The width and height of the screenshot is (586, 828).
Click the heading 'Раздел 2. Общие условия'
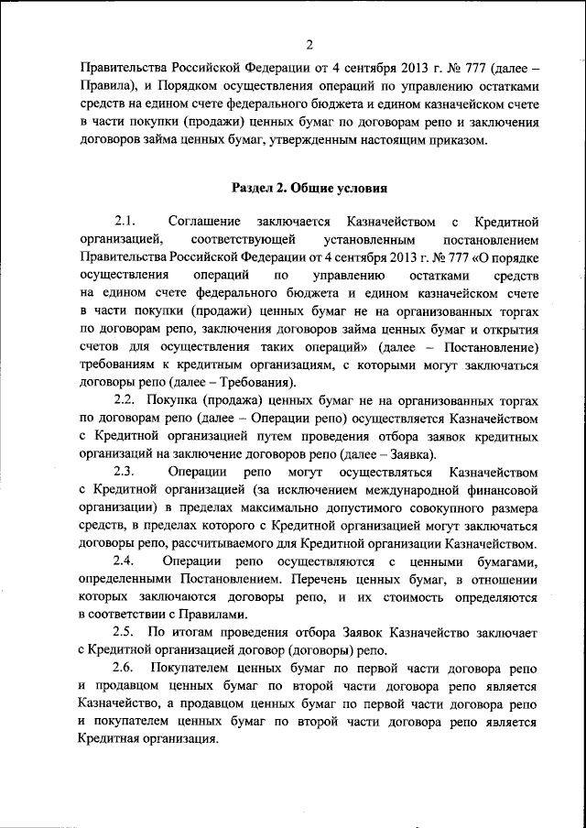pos(309,190)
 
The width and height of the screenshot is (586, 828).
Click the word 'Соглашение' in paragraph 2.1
pos(205,223)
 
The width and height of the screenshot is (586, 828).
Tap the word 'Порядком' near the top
pos(193,85)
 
